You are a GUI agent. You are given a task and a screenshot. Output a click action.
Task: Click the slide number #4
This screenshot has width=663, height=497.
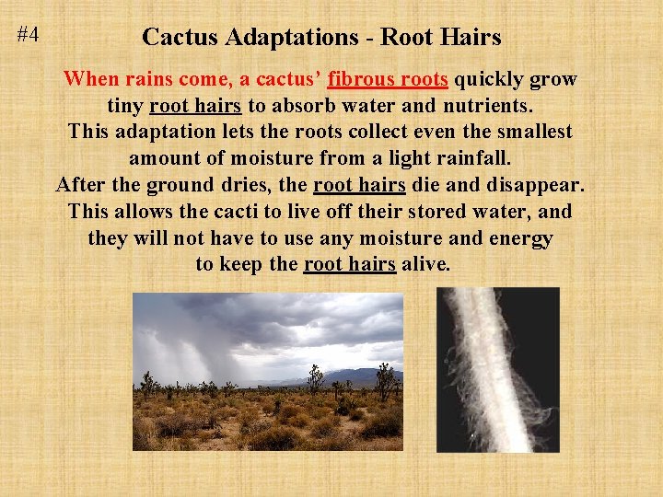[x=28, y=36]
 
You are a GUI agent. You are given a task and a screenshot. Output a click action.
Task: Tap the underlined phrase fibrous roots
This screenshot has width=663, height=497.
[x=388, y=79]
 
